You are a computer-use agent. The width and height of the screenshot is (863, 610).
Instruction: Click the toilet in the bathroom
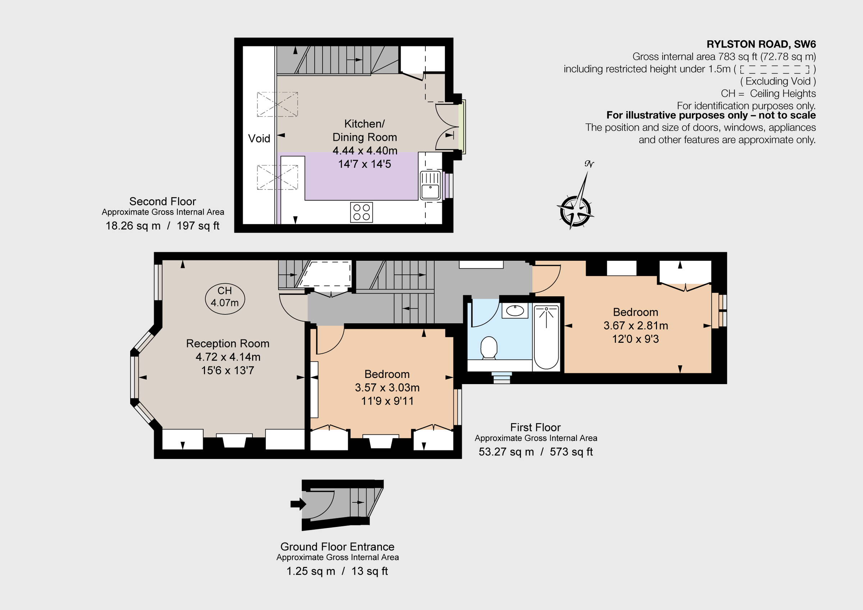pyautogui.click(x=489, y=348)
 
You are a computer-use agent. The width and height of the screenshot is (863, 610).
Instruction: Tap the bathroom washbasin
pyautogui.click(x=515, y=311)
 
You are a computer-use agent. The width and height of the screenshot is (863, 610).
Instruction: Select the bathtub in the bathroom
pyautogui.click(x=546, y=337)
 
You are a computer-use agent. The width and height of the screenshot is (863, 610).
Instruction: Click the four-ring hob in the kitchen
pyautogui.click(x=362, y=212)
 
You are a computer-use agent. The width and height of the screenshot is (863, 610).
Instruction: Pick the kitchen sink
pyautogui.click(x=430, y=185)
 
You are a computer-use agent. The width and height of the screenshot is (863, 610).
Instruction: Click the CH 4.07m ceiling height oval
pyautogui.click(x=225, y=299)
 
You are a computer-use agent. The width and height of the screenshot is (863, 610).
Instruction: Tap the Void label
pyautogui.click(x=259, y=139)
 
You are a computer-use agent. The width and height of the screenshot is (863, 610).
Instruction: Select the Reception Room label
pyautogui.click(x=228, y=343)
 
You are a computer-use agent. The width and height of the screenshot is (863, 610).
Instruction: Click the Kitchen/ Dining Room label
pyautogui.click(x=365, y=131)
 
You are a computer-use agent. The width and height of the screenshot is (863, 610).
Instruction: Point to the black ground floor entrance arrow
pyautogui.click(x=298, y=504)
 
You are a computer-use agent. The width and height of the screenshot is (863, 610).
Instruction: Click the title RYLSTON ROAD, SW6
pyautogui.click(x=761, y=44)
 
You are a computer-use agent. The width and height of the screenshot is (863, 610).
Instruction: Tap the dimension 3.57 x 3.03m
pyautogui.click(x=387, y=387)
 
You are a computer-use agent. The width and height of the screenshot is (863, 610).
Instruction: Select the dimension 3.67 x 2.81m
pyautogui.click(x=636, y=326)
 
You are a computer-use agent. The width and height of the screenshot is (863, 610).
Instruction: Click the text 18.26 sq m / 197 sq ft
pyautogui.click(x=163, y=226)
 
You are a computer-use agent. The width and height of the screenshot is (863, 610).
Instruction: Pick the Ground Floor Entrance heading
pyautogui.click(x=337, y=546)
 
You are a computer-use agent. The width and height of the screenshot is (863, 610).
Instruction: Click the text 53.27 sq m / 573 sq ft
pyautogui.click(x=536, y=452)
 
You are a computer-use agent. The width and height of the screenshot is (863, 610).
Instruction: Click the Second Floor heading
pyautogui.click(x=163, y=201)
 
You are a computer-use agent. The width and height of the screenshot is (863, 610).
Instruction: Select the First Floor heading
pyautogui.click(x=535, y=427)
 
